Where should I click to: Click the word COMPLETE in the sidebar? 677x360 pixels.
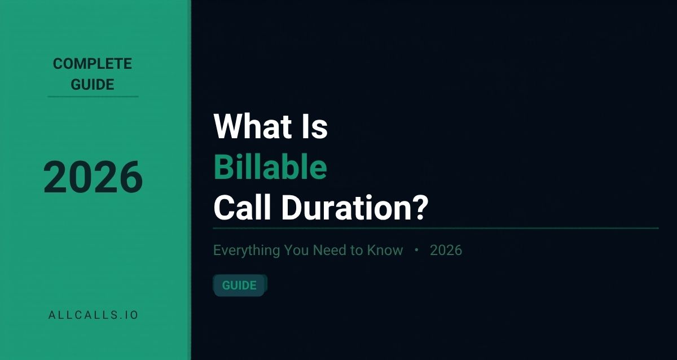[93, 64]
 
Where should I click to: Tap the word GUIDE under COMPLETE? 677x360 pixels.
[93, 85]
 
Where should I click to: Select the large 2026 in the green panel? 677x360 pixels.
[93, 177]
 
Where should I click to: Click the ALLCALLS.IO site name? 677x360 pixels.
[93, 315]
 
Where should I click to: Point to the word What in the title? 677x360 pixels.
[245, 127]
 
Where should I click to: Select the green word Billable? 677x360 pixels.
[270, 168]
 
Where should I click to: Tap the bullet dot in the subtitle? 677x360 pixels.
[416, 251]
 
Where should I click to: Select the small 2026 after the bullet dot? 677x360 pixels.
[446, 251]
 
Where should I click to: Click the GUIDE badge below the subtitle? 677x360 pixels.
[239, 286]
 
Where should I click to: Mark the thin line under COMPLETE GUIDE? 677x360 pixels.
[93, 96]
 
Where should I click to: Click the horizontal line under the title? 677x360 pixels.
[436, 229]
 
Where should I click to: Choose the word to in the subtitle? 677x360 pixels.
[357, 251]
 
